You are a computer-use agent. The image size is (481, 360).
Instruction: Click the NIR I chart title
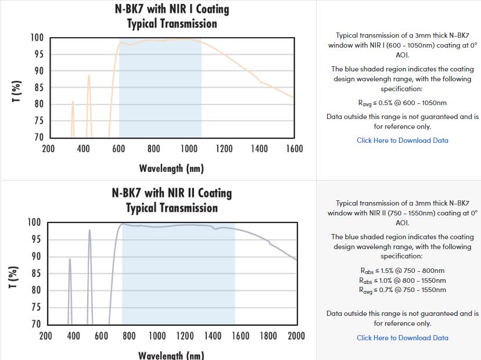tap(172, 16)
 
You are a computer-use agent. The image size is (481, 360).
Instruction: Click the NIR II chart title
tap(172, 200)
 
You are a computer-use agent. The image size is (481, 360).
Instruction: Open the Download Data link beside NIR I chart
tap(402, 141)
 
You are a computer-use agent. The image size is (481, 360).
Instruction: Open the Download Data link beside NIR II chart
tap(402, 338)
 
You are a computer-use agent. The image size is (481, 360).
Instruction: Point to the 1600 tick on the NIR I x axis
tap(295, 149)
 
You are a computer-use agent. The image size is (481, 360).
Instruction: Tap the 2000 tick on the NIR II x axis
tap(296, 336)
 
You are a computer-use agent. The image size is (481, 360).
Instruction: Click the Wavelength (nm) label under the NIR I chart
tap(171, 169)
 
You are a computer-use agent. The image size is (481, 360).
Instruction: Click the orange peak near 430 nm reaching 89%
tap(89, 76)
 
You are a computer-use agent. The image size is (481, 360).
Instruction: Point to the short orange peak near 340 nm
tap(73, 102)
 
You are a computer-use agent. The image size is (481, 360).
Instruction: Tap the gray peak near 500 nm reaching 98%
tap(89, 231)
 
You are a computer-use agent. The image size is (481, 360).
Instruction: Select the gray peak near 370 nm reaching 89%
tap(70, 260)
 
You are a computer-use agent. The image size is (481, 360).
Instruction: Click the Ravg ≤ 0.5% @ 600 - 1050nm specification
tap(402, 103)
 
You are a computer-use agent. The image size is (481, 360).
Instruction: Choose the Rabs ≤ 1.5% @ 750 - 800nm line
tap(402, 271)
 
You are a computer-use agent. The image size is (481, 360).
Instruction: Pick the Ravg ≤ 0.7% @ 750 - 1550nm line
tap(402, 290)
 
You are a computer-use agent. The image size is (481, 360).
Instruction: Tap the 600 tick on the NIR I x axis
tap(119, 149)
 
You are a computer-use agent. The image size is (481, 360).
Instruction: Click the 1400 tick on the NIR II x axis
tap(213, 336)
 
